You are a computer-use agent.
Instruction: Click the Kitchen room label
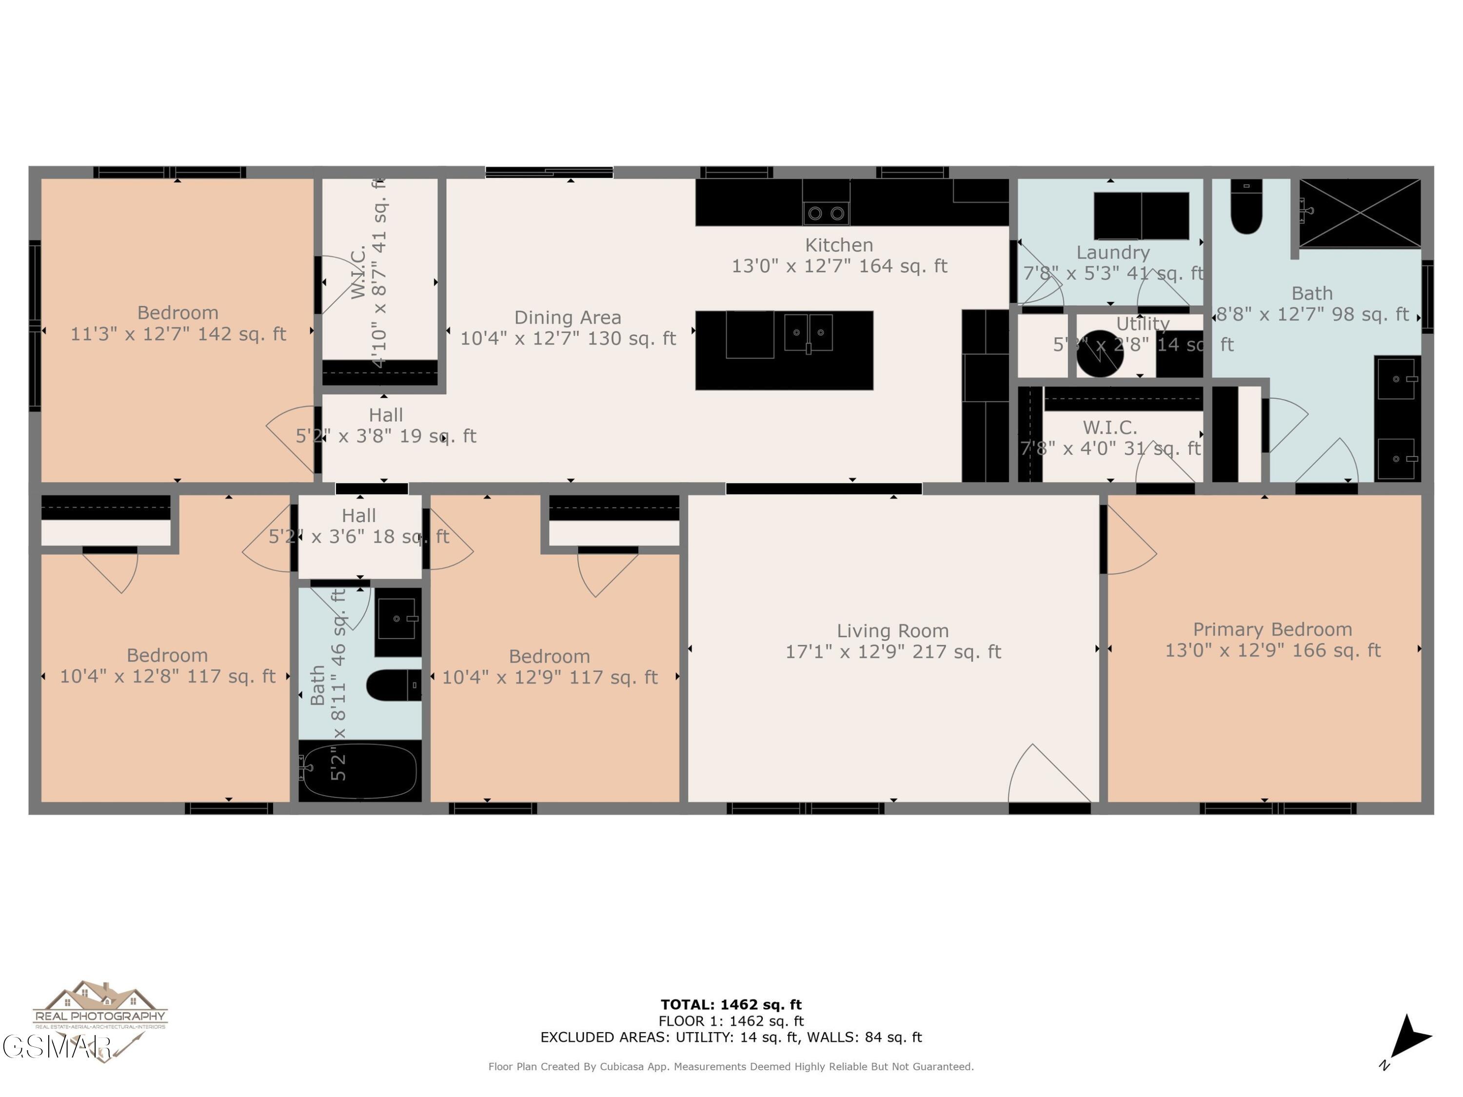pos(839,245)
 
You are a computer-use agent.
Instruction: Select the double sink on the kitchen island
pos(808,333)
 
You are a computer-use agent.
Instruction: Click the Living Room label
pos(892,631)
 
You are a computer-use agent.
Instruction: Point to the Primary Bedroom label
pos(1272,629)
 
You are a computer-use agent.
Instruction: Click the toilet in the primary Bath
pos(1246,208)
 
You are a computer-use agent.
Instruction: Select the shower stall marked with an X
pos(1359,213)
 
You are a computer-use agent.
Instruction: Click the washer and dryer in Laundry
pos(1141,215)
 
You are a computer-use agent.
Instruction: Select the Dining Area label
pos(568,318)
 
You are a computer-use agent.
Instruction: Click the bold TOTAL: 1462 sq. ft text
pos(731,1005)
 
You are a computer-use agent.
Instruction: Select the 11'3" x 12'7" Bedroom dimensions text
pos(178,334)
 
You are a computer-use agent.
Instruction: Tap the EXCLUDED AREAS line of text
pos(731,1038)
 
